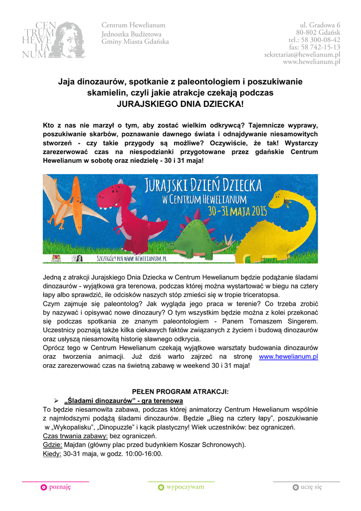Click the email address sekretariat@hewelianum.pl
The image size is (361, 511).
click(x=302, y=54)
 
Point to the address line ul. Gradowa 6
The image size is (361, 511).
click(x=320, y=24)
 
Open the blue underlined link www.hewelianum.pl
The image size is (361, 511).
click(x=289, y=357)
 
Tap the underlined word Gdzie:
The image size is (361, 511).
click(x=52, y=445)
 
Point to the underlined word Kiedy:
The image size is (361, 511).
click(x=52, y=454)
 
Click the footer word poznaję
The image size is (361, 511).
click(x=60, y=488)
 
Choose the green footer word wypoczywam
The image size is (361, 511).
click(x=185, y=488)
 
